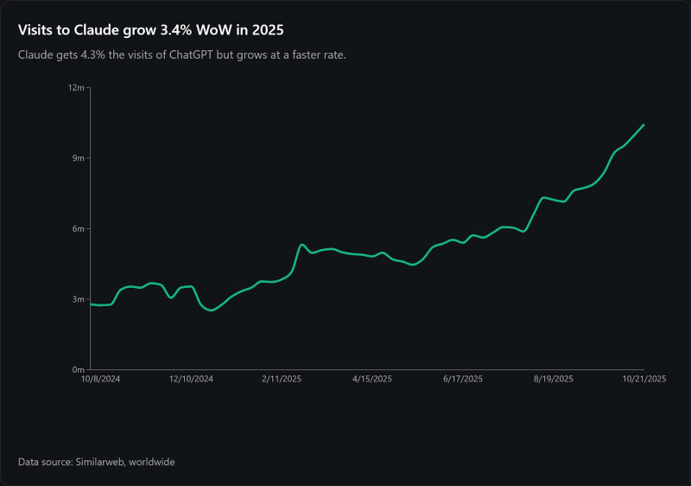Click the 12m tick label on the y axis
tap(77, 88)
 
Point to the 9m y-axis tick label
tap(79, 158)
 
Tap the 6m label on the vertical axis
tap(79, 229)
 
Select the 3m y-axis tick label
tap(79, 299)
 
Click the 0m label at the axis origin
tap(79, 369)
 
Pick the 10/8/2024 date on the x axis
tap(100, 379)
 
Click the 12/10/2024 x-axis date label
tap(191, 379)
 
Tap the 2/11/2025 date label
tap(282, 379)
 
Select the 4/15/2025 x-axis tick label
tap(372, 379)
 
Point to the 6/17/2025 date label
tap(463, 379)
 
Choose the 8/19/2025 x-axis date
tap(554, 379)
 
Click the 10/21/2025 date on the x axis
tap(644, 379)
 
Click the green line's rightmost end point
tap(644, 125)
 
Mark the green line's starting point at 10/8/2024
tap(91, 304)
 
